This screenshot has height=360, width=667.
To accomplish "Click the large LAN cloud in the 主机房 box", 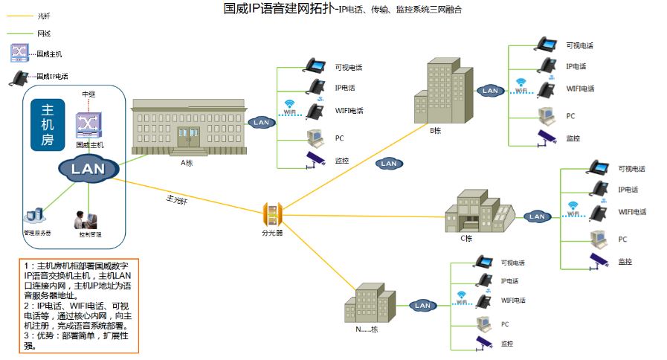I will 88,169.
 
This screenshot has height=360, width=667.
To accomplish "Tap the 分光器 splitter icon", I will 271,215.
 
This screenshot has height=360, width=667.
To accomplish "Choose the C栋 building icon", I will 479,213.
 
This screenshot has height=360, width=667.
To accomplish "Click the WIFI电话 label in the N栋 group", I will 513,300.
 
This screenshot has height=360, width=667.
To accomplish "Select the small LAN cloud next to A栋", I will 261,122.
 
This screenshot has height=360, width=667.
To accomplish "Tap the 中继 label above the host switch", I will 88,94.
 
